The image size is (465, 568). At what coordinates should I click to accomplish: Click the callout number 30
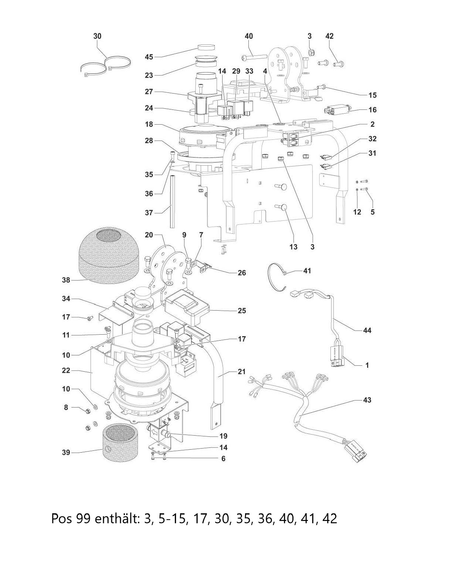pos(97,36)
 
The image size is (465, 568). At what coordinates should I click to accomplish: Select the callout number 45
pos(149,57)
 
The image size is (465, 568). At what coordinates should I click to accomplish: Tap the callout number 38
pos(66,280)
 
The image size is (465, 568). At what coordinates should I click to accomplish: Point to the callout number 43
pos(367,400)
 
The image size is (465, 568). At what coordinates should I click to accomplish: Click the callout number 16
pos(372,110)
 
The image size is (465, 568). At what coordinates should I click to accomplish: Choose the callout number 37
pos(149,213)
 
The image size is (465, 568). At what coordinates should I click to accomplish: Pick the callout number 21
pos(241,372)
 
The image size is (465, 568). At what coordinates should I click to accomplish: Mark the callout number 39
pos(66,453)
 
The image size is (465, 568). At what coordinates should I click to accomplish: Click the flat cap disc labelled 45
pos(206,47)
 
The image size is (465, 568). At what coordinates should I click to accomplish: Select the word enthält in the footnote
pos(117,519)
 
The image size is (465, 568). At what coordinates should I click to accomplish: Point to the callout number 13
pos(293,247)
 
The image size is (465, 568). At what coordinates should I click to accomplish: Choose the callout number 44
pos(367,331)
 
